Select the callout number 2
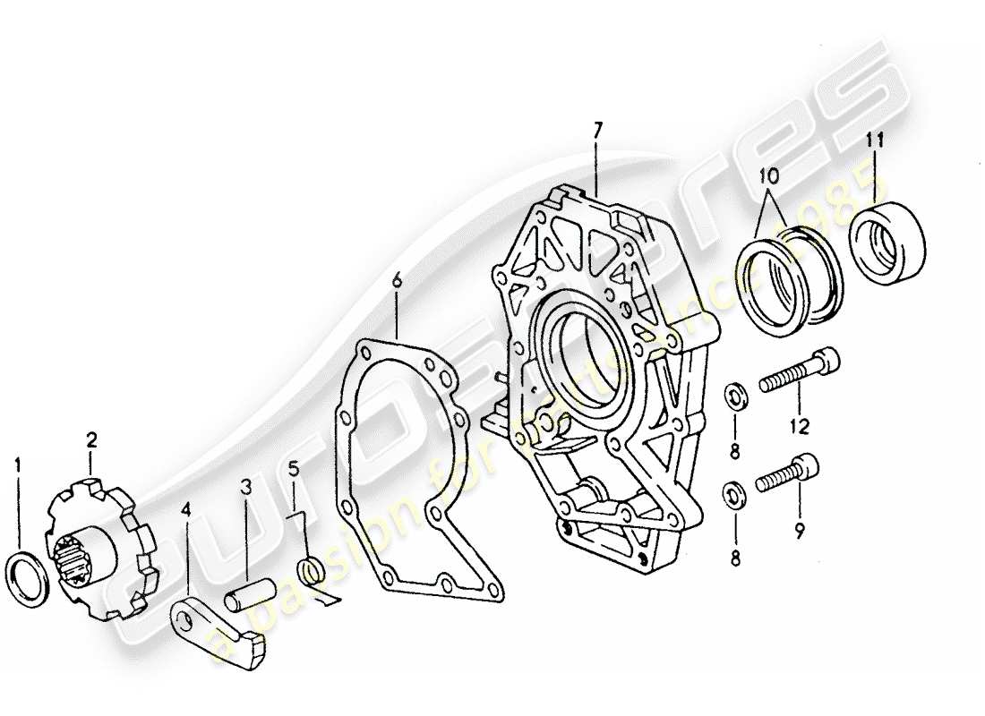click(92, 439)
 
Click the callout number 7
click(597, 131)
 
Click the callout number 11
click(876, 139)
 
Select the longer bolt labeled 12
click(800, 373)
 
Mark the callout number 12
click(799, 427)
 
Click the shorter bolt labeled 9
click(788, 475)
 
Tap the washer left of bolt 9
click(734, 493)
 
